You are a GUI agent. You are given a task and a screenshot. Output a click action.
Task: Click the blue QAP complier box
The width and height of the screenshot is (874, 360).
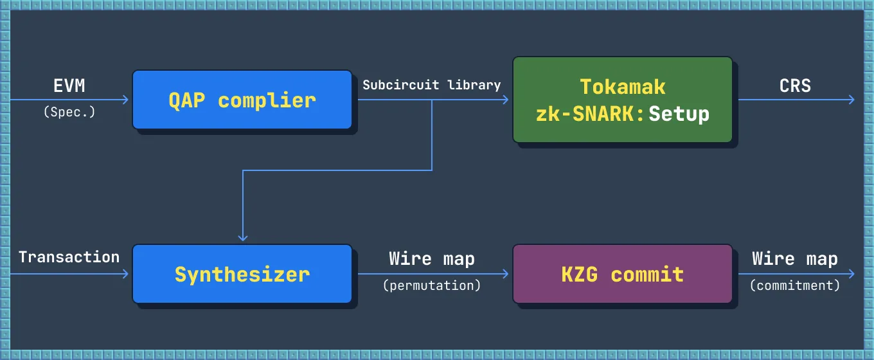coord(242,100)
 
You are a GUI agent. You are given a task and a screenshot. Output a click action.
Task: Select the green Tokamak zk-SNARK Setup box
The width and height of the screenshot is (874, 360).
coord(622,100)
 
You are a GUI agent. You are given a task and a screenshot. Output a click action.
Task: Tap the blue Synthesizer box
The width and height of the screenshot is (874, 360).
coord(242,274)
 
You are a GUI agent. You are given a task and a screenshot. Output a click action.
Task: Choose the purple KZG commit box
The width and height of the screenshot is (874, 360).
coord(622,274)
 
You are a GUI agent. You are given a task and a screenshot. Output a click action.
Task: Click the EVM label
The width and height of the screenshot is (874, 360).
coord(69,85)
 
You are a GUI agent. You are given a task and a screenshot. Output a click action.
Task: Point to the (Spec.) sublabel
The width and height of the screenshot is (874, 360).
coord(69,111)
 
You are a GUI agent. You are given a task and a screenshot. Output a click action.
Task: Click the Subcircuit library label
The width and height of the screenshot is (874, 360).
coord(431,85)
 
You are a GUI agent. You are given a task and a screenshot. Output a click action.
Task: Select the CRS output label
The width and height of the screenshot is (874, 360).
coord(795,85)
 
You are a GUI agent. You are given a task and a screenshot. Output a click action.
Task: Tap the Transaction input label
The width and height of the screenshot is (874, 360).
coord(69,257)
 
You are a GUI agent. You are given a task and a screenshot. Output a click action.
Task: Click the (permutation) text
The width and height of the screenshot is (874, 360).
coord(432,285)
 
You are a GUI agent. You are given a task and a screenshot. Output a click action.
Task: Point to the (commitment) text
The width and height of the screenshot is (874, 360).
coord(795,285)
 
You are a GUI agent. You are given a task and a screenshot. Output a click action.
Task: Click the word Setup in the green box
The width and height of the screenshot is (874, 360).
coord(679,114)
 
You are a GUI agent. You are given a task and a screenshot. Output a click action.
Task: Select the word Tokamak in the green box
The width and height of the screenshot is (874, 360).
coord(622,87)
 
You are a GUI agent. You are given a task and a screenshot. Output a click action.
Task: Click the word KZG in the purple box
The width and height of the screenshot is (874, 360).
coord(579,274)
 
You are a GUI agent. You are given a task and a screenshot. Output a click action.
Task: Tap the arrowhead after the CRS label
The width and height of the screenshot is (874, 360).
coord(852,100)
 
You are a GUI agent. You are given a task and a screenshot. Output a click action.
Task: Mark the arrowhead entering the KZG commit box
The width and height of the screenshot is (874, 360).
coord(506,274)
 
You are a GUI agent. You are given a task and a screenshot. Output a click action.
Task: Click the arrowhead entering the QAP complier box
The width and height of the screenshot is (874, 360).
coord(126,100)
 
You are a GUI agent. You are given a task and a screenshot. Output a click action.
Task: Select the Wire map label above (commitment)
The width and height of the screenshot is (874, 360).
coord(795,259)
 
